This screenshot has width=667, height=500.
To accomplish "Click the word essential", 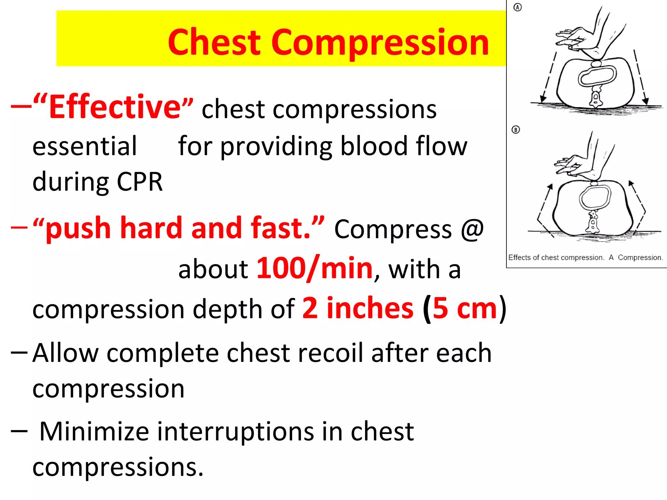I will tap(85, 146).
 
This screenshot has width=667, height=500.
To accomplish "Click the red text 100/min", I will tap(315, 269).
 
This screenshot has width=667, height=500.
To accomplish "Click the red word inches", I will tap(370, 308).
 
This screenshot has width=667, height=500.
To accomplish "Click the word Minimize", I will tap(94, 431).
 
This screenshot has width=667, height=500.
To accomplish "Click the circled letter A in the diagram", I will tap(518, 7).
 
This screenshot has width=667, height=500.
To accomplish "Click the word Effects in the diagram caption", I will tap(519, 257).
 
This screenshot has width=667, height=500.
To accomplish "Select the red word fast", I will tap(280, 228).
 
